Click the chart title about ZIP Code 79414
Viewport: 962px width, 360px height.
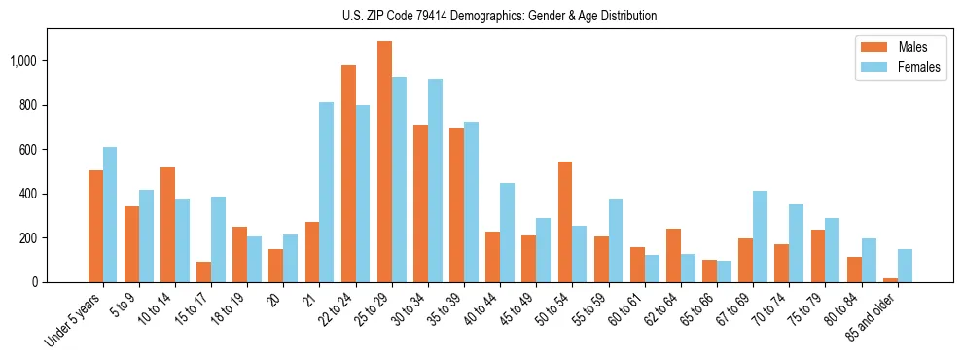500,16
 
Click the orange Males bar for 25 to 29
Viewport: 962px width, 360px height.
384,162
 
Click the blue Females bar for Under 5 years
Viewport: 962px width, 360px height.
110,215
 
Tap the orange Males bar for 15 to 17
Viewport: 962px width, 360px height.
203,272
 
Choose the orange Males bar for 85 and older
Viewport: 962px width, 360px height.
890,280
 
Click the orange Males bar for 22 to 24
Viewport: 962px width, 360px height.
348,174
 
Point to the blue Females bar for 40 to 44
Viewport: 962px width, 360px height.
507,233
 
